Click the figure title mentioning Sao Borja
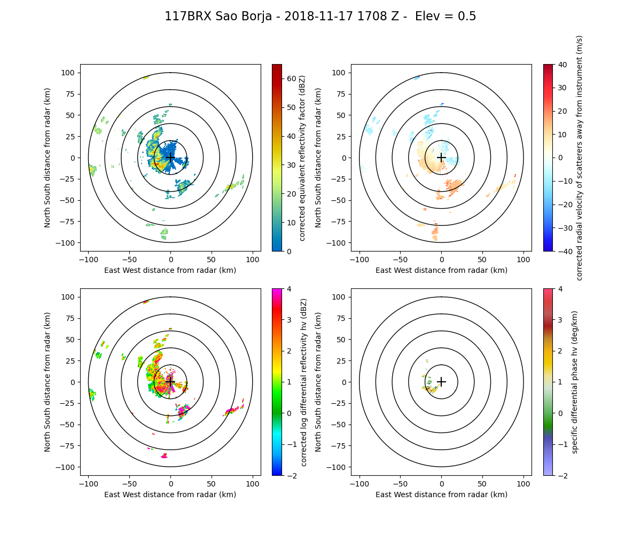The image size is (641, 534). pos(320,17)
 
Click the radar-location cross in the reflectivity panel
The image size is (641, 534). pos(170,158)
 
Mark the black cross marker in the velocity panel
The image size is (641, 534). pos(441,158)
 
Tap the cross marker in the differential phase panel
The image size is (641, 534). pos(441,382)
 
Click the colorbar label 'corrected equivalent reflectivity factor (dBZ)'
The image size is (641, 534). pos(302,158)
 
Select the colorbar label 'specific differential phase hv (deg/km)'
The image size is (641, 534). pos(575,382)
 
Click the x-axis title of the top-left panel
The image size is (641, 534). pos(170,270)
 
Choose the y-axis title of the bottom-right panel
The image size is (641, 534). pos(318,382)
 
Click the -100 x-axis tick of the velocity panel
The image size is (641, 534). pos(359,259)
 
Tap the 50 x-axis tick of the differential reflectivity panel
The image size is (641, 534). pos(212,483)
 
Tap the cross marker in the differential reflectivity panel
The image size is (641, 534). pos(170,382)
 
